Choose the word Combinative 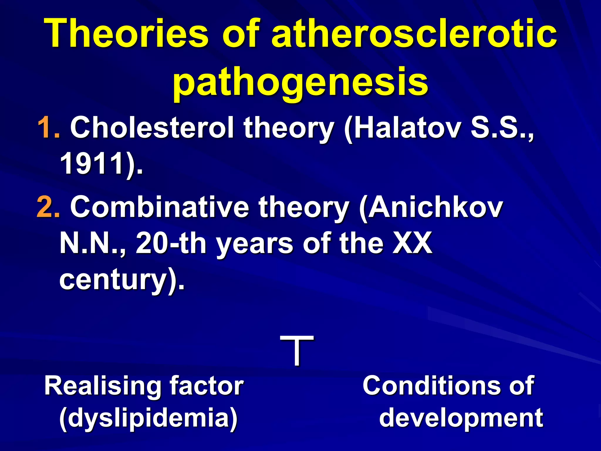pyautogui.click(x=160, y=207)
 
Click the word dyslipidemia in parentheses pyautogui.click(x=148, y=418)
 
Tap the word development pyautogui.click(x=461, y=418)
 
